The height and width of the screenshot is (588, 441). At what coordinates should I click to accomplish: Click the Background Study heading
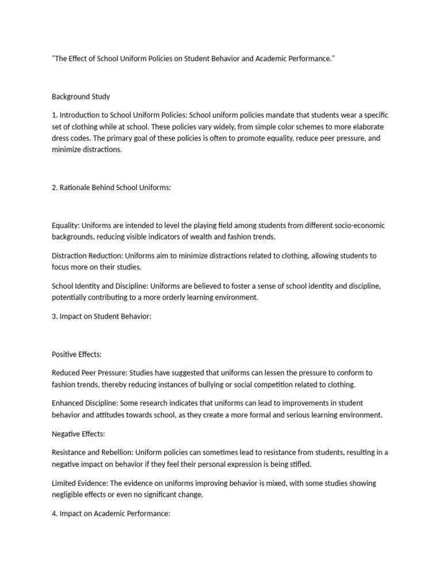pyautogui.click(x=81, y=96)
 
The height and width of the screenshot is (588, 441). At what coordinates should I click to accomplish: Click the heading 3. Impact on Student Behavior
pyautogui.click(x=102, y=316)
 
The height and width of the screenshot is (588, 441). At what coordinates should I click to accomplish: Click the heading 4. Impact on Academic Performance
pyautogui.click(x=111, y=513)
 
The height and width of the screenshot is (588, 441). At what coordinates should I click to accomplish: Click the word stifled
pyautogui.click(x=299, y=463)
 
